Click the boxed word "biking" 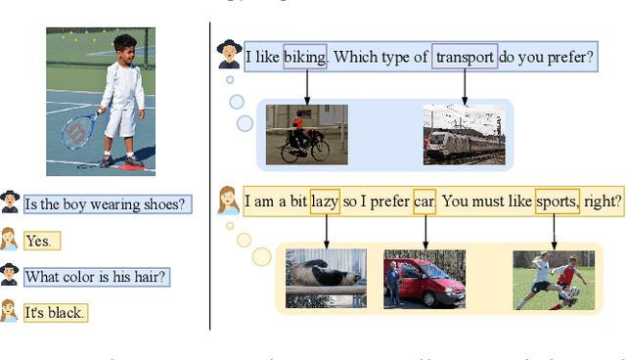coord(305,58)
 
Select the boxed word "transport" coord(465,58)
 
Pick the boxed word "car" coord(425,202)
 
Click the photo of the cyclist coord(306,134)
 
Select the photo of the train coord(464,134)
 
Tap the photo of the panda coord(326,279)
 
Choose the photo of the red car coord(424,279)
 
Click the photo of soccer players coord(554,280)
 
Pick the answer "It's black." coord(55,313)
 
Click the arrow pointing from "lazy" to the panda coord(327,230)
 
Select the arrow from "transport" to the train coord(465,86)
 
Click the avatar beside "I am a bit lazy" coord(228,201)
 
